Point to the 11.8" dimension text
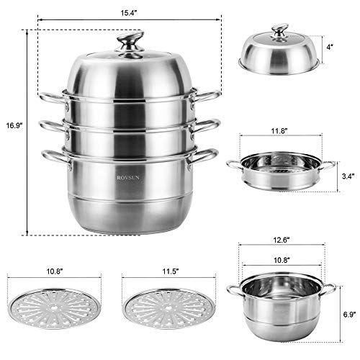(x=280, y=131)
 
